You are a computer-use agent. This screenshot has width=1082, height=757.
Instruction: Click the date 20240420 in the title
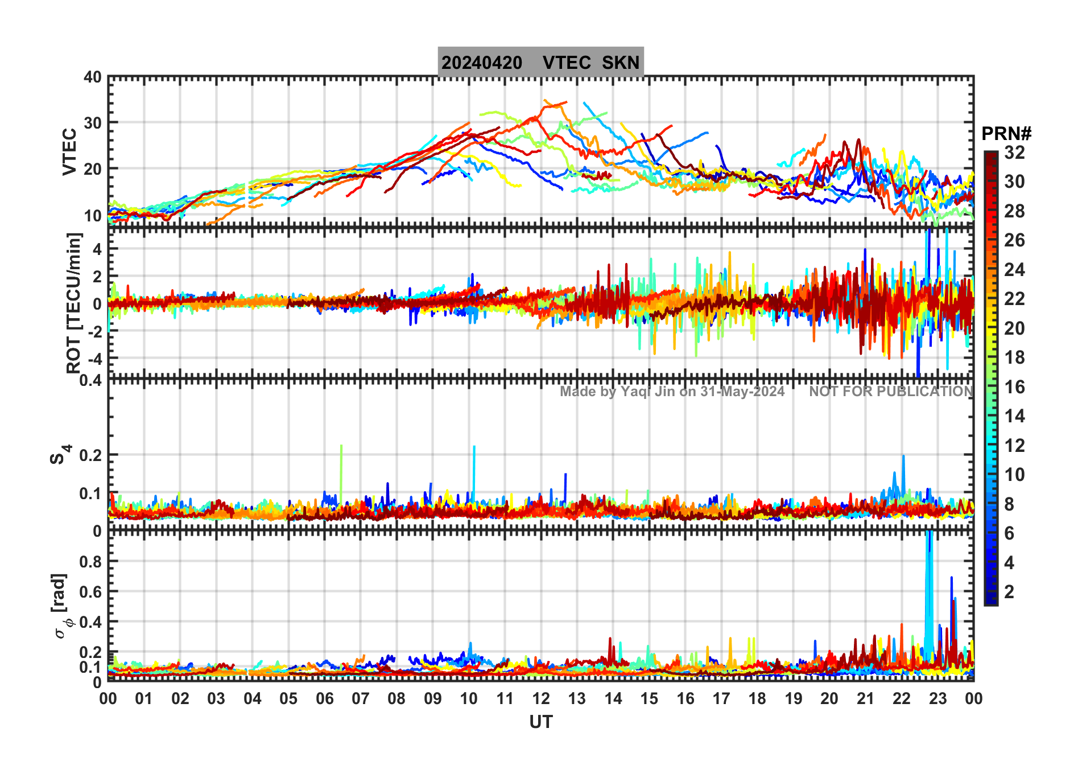pyautogui.click(x=482, y=63)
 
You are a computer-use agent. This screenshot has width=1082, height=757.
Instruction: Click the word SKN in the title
pyautogui.click(x=621, y=63)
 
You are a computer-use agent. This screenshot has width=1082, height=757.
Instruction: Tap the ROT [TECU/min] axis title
pyautogui.click(x=73, y=303)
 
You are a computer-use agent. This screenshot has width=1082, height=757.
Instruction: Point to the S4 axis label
pyautogui.click(x=59, y=455)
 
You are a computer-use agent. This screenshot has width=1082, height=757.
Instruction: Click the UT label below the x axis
pyautogui.click(x=540, y=722)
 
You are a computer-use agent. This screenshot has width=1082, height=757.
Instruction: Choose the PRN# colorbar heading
pyautogui.click(x=1006, y=134)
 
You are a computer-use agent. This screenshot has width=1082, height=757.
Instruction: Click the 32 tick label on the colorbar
pyautogui.click(x=1014, y=153)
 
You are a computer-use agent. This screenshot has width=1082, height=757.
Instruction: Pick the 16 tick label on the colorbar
pyautogui.click(x=1014, y=387)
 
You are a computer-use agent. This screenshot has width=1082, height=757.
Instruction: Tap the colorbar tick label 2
pyautogui.click(x=1009, y=592)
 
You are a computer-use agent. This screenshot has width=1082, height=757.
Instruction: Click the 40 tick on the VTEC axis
pyautogui.click(x=93, y=77)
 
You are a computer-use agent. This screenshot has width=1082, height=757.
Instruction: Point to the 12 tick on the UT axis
pyautogui.click(x=541, y=698)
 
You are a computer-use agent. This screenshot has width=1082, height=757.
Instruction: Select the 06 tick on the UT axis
pyautogui.click(x=324, y=698)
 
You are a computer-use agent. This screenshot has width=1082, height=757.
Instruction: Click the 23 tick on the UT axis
pyautogui.click(x=938, y=698)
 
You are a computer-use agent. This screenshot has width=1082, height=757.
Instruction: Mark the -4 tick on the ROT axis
pyautogui.click(x=94, y=359)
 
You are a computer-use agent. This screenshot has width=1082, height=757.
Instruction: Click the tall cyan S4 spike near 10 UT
pyautogui.click(x=474, y=467)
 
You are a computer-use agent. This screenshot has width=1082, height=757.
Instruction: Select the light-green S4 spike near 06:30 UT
pyautogui.click(x=341, y=467)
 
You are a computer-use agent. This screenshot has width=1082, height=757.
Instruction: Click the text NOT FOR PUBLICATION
pyautogui.click(x=891, y=392)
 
